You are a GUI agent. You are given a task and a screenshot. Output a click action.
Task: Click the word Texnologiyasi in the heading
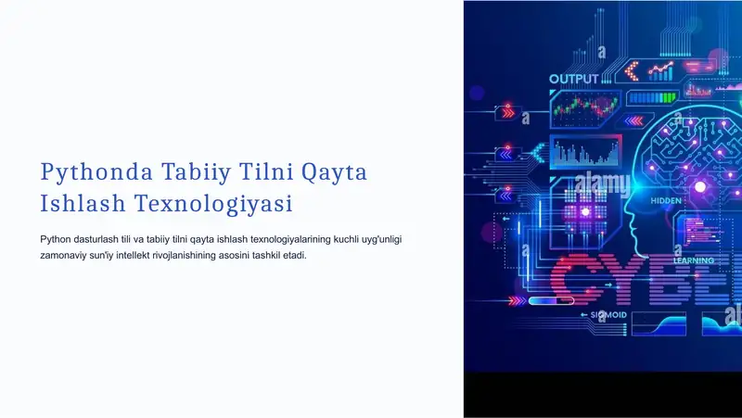[213, 203]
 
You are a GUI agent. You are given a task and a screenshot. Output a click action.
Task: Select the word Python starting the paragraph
[58, 239]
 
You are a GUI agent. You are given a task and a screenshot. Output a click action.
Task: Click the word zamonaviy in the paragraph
[67, 255]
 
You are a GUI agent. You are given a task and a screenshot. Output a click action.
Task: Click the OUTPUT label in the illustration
[573, 80]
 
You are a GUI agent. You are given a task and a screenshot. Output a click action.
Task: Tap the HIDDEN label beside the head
[666, 200]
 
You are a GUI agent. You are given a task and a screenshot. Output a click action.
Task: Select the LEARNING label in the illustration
[693, 261]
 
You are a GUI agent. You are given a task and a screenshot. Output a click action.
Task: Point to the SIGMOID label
[609, 315]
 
